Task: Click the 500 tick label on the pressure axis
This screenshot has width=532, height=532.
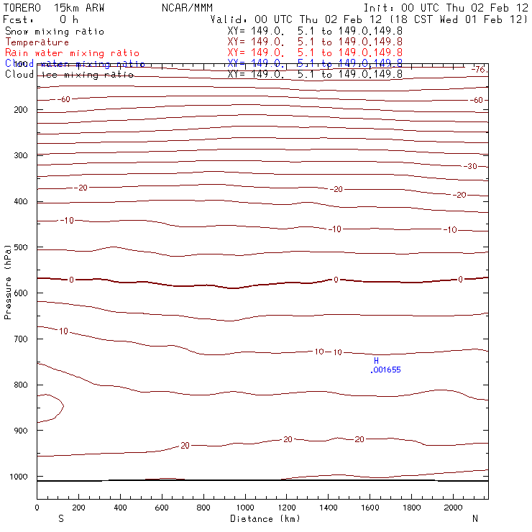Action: tap(20, 247)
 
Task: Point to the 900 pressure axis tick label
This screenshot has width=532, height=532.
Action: tap(20, 431)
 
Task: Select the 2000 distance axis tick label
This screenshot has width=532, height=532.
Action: tap(454, 508)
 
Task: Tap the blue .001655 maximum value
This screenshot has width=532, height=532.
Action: tap(385, 370)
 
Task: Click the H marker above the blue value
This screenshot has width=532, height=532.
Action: tap(375, 360)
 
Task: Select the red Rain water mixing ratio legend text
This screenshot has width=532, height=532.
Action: tap(72, 53)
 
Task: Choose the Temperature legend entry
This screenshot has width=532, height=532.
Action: tap(37, 42)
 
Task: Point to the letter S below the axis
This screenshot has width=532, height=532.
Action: tap(60, 518)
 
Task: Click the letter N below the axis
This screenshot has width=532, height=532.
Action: tap(474, 518)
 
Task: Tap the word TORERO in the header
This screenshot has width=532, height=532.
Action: tap(23, 8)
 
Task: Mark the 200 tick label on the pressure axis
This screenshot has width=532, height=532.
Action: tap(20, 110)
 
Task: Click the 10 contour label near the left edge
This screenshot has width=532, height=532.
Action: tap(63, 331)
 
